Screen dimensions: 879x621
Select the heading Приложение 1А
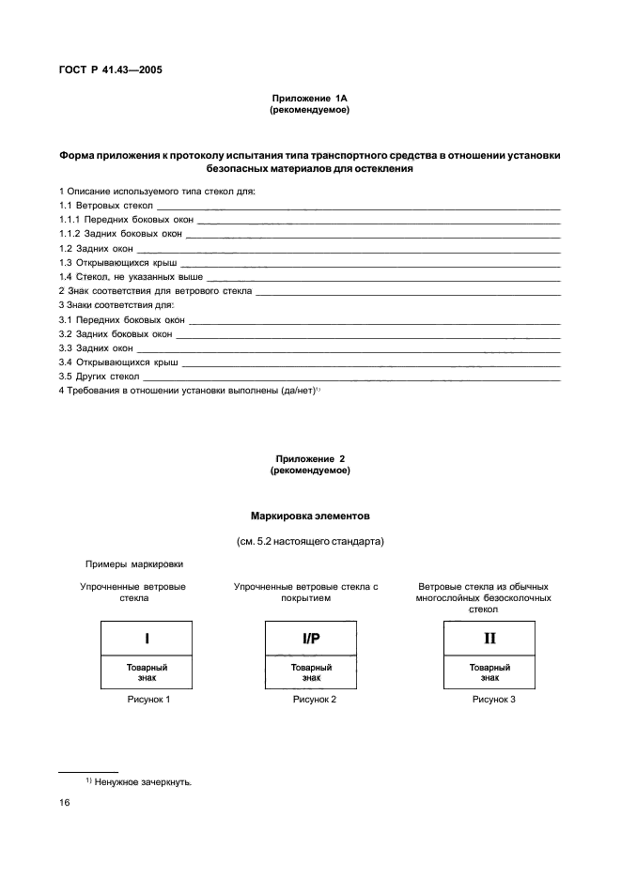pyautogui.click(x=310, y=99)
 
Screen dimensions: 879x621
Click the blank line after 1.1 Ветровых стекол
pyautogui.click(x=357, y=206)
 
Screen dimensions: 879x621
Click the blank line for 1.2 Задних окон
pyautogui.click(x=348, y=251)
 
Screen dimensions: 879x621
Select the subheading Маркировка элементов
pyautogui.click(x=310, y=517)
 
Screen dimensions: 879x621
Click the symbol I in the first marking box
pyautogui.click(x=147, y=639)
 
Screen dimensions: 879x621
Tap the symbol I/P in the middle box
pyautogui.click(x=311, y=639)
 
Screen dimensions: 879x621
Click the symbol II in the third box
pyautogui.click(x=489, y=639)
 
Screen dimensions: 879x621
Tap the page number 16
pyautogui.click(x=65, y=804)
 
